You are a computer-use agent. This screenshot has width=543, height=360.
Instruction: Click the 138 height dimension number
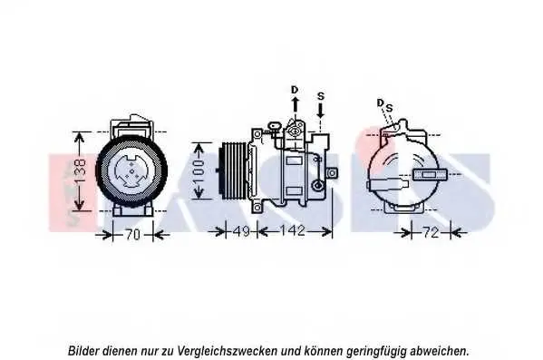(80, 171)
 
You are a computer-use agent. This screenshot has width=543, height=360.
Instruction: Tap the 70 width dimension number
(132, 235)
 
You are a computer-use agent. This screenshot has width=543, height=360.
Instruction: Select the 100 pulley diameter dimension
(199, 171)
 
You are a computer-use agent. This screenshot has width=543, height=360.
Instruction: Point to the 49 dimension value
(241, 231)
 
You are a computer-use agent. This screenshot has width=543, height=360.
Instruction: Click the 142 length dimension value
(293, 230)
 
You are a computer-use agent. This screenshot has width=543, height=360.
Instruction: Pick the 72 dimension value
(431, 232)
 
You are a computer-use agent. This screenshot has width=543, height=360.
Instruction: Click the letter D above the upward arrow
(295, 90)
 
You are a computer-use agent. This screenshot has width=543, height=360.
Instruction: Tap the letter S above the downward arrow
(321, 96)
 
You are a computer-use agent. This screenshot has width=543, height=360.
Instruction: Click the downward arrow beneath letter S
(321, 111)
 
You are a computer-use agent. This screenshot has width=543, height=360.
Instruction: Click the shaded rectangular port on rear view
(430, 174)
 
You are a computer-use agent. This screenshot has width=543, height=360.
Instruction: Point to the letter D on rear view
(380, 102)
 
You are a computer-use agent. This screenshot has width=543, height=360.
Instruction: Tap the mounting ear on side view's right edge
(333, 172)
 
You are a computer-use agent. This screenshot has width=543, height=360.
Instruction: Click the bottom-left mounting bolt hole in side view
(257, 208)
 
